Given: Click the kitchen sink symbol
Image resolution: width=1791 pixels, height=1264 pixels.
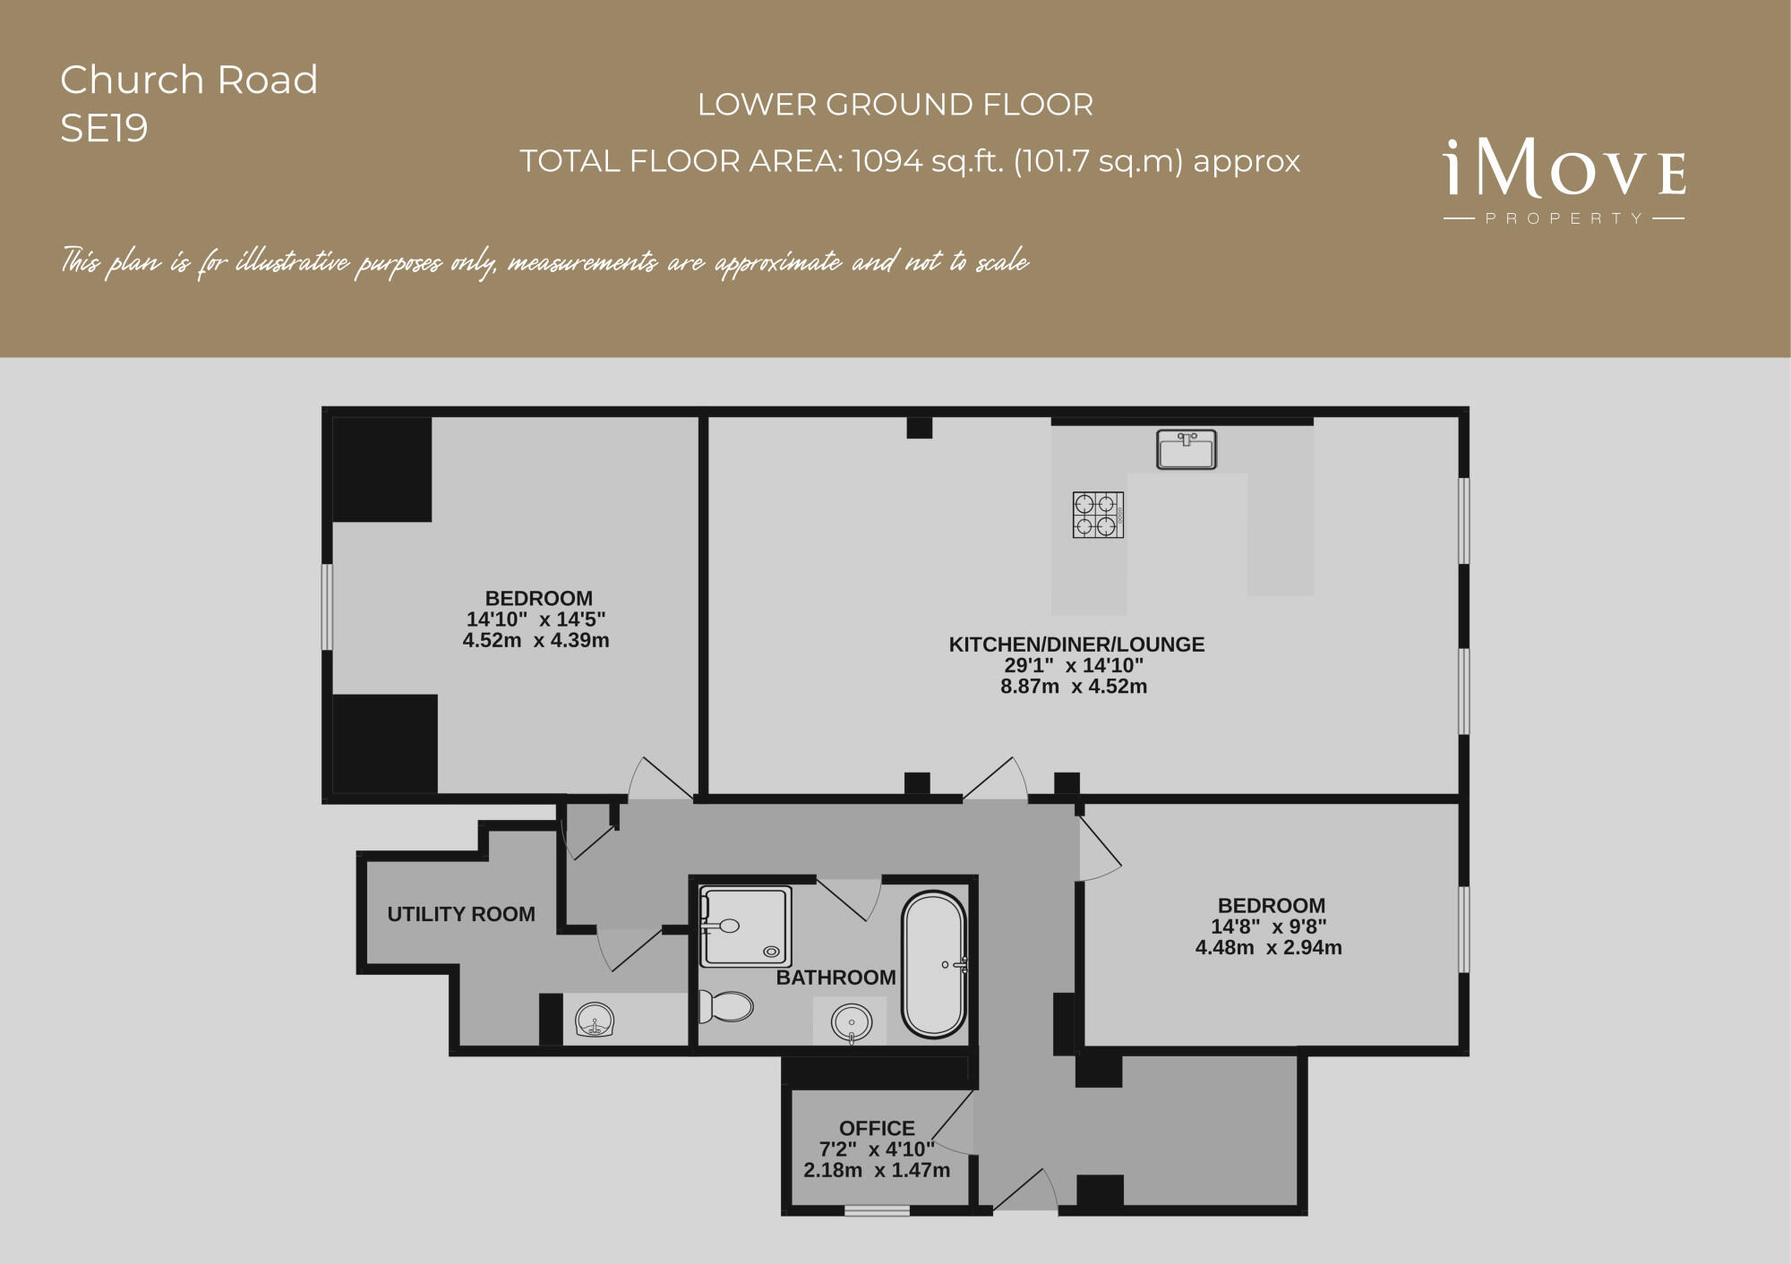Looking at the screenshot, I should [1186, 449].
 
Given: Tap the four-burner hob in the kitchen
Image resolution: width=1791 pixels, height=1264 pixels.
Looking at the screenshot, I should [1098, 515].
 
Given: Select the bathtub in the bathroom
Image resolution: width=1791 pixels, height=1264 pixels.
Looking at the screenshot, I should [934, 964].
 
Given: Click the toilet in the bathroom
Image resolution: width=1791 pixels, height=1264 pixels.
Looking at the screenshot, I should [725, 1006].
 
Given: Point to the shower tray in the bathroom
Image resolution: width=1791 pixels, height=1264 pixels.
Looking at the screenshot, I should [745, 927].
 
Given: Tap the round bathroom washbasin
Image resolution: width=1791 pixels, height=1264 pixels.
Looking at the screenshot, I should [850, 1021].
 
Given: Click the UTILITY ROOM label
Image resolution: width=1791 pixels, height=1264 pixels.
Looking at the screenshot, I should [461, 914].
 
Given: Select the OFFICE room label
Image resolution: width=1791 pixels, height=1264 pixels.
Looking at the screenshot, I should [877, 1128].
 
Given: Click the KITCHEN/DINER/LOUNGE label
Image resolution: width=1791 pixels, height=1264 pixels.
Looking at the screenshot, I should [1076, 644].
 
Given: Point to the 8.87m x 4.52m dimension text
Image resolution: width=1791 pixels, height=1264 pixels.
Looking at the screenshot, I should [1074, 687].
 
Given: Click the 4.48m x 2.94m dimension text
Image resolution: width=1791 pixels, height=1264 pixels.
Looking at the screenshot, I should [1268, 947].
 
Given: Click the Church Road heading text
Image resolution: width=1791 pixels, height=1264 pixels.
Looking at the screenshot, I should [189, 80].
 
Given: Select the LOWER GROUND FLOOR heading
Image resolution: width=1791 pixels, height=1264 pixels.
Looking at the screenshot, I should [895, 105].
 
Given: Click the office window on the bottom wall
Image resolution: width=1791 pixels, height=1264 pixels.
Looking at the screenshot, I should [877, 1210].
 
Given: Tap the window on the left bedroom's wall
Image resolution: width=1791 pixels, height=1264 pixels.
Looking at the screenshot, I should [328, 607].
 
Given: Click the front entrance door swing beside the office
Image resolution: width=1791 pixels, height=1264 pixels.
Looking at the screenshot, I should [1026, 1191].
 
